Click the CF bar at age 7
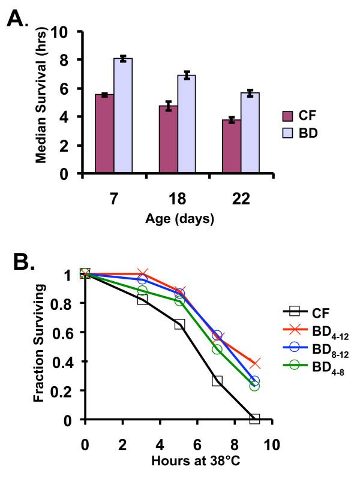click(104, 134)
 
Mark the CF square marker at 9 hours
click(254, 418)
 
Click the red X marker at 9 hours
click(254, 364)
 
